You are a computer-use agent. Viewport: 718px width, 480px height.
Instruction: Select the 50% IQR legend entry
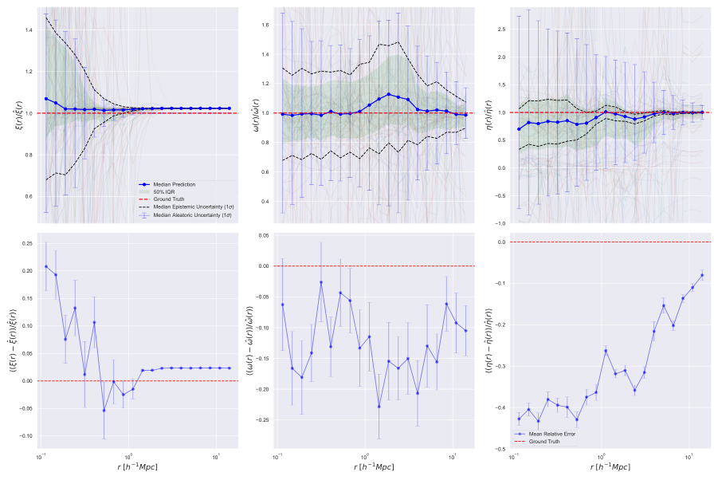pos(163,192)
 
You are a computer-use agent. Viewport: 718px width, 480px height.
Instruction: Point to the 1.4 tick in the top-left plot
pos(29,30)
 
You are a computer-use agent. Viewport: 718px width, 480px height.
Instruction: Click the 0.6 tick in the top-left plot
pos(29,196)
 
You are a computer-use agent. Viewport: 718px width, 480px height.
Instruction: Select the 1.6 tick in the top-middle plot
pos(266,25)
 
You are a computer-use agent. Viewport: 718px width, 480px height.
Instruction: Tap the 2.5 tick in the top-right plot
pos(504,29)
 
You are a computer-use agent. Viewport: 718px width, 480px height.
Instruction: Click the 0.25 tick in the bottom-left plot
pos(26,243)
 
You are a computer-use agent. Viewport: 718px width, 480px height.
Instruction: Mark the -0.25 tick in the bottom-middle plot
pos(261,419)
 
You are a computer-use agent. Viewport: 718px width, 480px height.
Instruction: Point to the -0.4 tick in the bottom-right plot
pos(501,407)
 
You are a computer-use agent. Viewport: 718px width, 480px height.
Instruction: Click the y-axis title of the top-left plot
pos(10,114)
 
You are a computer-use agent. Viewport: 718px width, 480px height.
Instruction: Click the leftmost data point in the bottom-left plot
pos(46,266)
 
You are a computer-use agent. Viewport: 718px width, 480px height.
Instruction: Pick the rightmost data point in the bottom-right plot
pos(702,275)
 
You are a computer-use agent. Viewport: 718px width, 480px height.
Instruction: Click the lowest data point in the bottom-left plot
pos(104,411)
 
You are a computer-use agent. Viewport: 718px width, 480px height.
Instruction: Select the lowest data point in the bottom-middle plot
pos(379,407)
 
